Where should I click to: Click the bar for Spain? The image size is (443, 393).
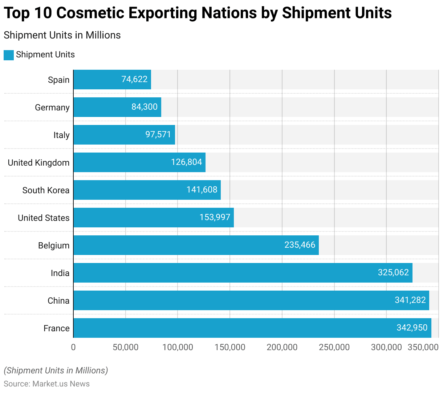point(112,80)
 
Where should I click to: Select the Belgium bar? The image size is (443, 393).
point(196,245)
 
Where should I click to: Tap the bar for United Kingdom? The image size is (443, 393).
point(139,162)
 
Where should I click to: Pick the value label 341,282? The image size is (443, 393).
point(410,300)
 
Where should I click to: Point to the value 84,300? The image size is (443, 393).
point(145,107)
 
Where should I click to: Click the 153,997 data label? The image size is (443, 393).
point(215,217)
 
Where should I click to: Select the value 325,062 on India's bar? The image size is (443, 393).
point(393,272)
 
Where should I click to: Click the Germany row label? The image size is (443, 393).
point(52,108)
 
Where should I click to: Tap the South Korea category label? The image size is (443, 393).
point(46,190)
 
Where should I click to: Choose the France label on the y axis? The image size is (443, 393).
point(56,328)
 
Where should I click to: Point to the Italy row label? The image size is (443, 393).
point(61,135)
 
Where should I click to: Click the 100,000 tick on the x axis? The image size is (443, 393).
point(178,347)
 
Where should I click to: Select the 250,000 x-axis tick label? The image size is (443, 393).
point(334,347)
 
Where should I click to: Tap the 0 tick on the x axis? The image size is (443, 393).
point(73,347)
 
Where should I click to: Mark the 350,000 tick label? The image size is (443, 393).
point(423,347)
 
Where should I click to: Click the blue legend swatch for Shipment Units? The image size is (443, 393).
point(9,55)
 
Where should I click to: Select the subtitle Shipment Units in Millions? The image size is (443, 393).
point(62,35)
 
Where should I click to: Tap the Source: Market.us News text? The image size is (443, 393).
point(46,384)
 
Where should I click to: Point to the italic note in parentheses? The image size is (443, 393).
point(56,370)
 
